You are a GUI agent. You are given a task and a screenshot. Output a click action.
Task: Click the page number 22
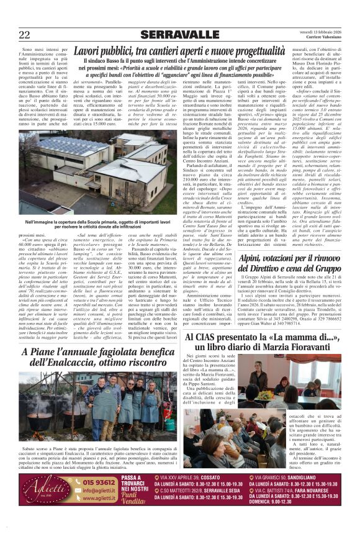pos(24,34)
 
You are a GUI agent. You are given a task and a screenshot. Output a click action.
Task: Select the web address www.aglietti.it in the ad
pos(100,498)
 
